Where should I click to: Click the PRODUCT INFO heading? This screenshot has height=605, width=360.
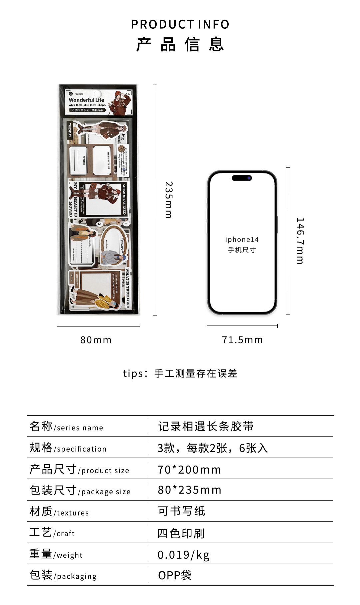coord(180,24)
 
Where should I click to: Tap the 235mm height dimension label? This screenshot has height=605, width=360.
coord(169,200)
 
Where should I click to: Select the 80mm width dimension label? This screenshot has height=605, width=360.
coord(96,340)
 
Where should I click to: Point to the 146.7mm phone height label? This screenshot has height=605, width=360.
coord(300,241)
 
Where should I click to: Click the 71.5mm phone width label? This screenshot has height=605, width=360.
coord(242,340)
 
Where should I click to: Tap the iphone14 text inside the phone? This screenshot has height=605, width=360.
coord(242,239)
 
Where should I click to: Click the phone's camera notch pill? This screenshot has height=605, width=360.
coord(242,178)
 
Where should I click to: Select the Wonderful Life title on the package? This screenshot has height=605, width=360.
coord(86,100)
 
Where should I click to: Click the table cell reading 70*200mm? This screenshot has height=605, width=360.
coord(189,470)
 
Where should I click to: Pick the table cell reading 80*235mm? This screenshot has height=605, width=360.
coord(189,490)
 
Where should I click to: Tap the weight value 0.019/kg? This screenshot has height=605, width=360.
coord(183,555)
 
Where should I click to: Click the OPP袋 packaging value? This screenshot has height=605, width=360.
coord(175,575)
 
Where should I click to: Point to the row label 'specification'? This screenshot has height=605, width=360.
coord(82,449)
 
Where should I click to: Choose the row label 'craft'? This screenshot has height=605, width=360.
coord(66,534)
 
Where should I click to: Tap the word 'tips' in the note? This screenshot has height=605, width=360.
coord(133,374)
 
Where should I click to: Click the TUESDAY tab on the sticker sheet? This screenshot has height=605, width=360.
coord(70,130)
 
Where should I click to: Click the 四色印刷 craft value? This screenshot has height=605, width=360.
coord(181,534)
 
